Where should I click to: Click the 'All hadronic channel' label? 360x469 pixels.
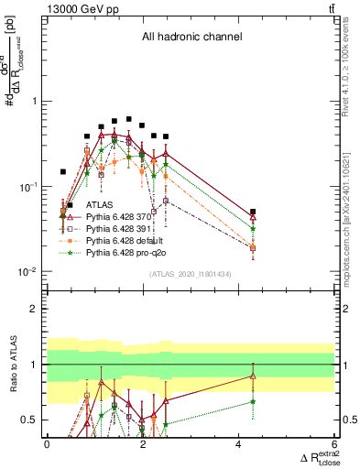tap(191, 38)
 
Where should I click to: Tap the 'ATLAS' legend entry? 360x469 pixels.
tap(100, 205)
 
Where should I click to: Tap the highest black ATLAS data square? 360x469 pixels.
tap(128, 119)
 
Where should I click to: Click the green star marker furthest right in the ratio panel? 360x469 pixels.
tap(253, 401)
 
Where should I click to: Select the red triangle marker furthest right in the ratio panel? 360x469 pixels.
tap(253, 376)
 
